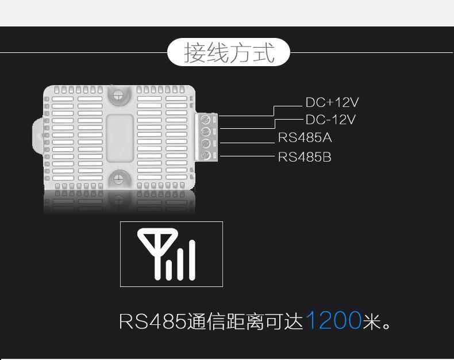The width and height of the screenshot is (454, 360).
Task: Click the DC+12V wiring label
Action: click(x=332, y=102)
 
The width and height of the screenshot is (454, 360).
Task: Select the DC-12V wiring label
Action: click(x=330, y=120)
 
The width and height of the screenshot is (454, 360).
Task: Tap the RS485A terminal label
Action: click(x=305, y=137)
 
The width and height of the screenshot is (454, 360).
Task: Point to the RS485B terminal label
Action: click(x=305, y=157)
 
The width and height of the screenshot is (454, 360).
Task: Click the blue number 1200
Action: click(x=333, y=320)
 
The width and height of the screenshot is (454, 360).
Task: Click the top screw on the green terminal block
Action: click(x=205, y=119)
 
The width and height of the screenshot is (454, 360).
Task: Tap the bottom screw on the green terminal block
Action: click(x=205, y=155)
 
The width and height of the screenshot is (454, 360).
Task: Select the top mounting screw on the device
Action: click(x=118, y=94)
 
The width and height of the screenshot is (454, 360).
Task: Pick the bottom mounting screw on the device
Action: click(x=118, y=178)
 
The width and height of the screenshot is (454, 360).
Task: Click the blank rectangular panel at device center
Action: click(x=120, y=138)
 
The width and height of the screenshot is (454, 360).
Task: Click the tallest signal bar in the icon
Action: click(x=192, y=260)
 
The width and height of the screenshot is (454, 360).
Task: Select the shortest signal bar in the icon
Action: click(x=169, y=270)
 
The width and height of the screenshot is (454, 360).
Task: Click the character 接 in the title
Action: click(x=195, y=52)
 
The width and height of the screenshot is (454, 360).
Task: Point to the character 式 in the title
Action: click(x=263, y=52)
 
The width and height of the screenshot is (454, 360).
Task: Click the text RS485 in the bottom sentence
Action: click(x=153, y=321)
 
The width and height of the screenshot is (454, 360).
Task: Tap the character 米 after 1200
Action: click(x=371, y=321)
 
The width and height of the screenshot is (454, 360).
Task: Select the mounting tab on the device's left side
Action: click(x=37, y=135)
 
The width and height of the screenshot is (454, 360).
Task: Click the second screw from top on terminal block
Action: click(x=205, y=131)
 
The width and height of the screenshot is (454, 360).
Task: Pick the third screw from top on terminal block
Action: click(x=205, y=143)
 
